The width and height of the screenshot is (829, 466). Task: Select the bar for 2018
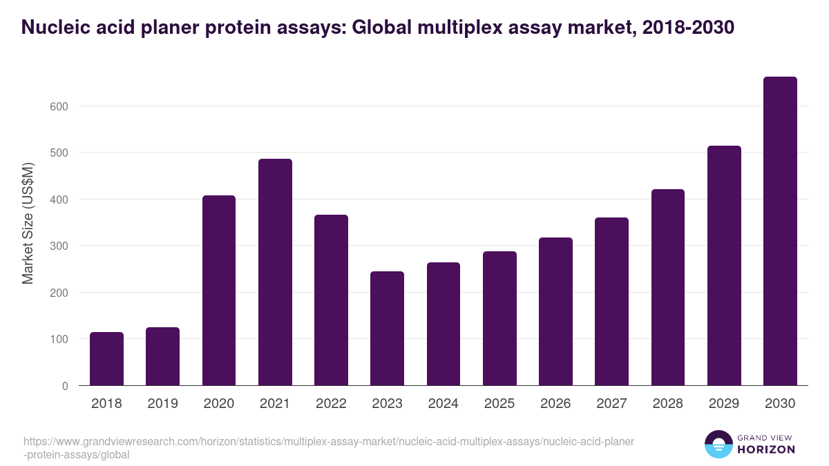pyautogui.click(x=106, y=359)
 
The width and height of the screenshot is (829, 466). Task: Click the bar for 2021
pyautogui.click(x=275, y=272)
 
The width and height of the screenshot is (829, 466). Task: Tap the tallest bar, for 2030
pyautogui.click(x=780, y=231)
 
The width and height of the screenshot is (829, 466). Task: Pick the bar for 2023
pyautogui.click(x=387, y=329)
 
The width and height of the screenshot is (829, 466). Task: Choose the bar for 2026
pyautogui.click(x=555, y=311)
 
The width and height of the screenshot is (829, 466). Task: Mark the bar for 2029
pyautogui.click(x=724, y=266)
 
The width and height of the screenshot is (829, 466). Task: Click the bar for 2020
pyautogui.click(x=219, y=291)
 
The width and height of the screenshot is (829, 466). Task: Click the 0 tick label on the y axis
pyautogui.click(x=64, y=386)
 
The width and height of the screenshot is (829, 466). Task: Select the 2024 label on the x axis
pyautogui.click(x=443, y=404)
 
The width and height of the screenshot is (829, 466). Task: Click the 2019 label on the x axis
pyautogui.click(x=162, y=404)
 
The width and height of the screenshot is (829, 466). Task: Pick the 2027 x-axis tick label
pyautogui.click(x=611, y=404)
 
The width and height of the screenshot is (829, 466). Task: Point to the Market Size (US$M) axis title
pyautogui.click(x=28, y=222)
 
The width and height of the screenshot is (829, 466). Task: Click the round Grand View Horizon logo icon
pyautogui.click(x=718, y=444)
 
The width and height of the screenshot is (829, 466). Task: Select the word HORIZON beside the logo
pyautogui.click(x=766, y=449)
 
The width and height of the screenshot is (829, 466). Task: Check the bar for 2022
pyautogui.click(x=331, y=300)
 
